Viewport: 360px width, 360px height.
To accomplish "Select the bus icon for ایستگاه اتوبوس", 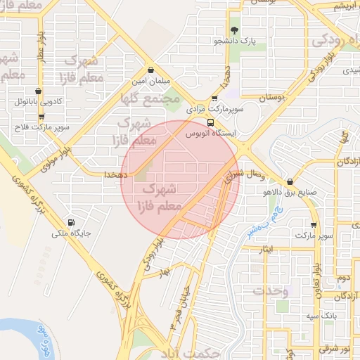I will tap(211, 122).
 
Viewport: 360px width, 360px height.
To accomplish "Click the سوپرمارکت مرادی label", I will tap(214, 110).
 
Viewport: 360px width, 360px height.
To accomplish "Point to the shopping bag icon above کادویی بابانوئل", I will tap(38, 91).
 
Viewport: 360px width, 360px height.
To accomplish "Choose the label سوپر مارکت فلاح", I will tap(41, 127).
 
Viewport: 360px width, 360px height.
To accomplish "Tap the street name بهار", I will tap(165, 272).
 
